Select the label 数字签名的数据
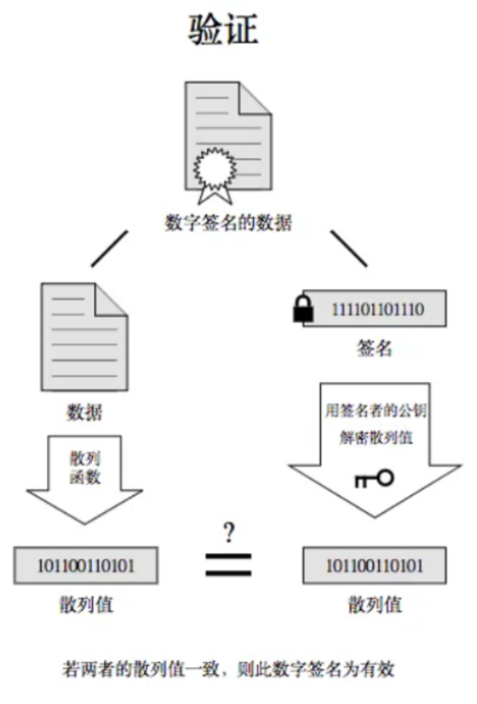click(228, 223)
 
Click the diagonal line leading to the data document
click(110, 248)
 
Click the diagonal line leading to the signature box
click(348, 248)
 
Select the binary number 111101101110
click(377, 309)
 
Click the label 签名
click(374, 349)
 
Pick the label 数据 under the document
click(85, 412)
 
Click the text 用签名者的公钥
click(375, 411)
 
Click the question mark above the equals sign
click(228, 534)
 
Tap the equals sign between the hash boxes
click(228, 565)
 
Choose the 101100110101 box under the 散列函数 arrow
click(85, 565)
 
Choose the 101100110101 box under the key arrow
click(374, 565)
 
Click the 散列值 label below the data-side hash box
click(85, 605)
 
